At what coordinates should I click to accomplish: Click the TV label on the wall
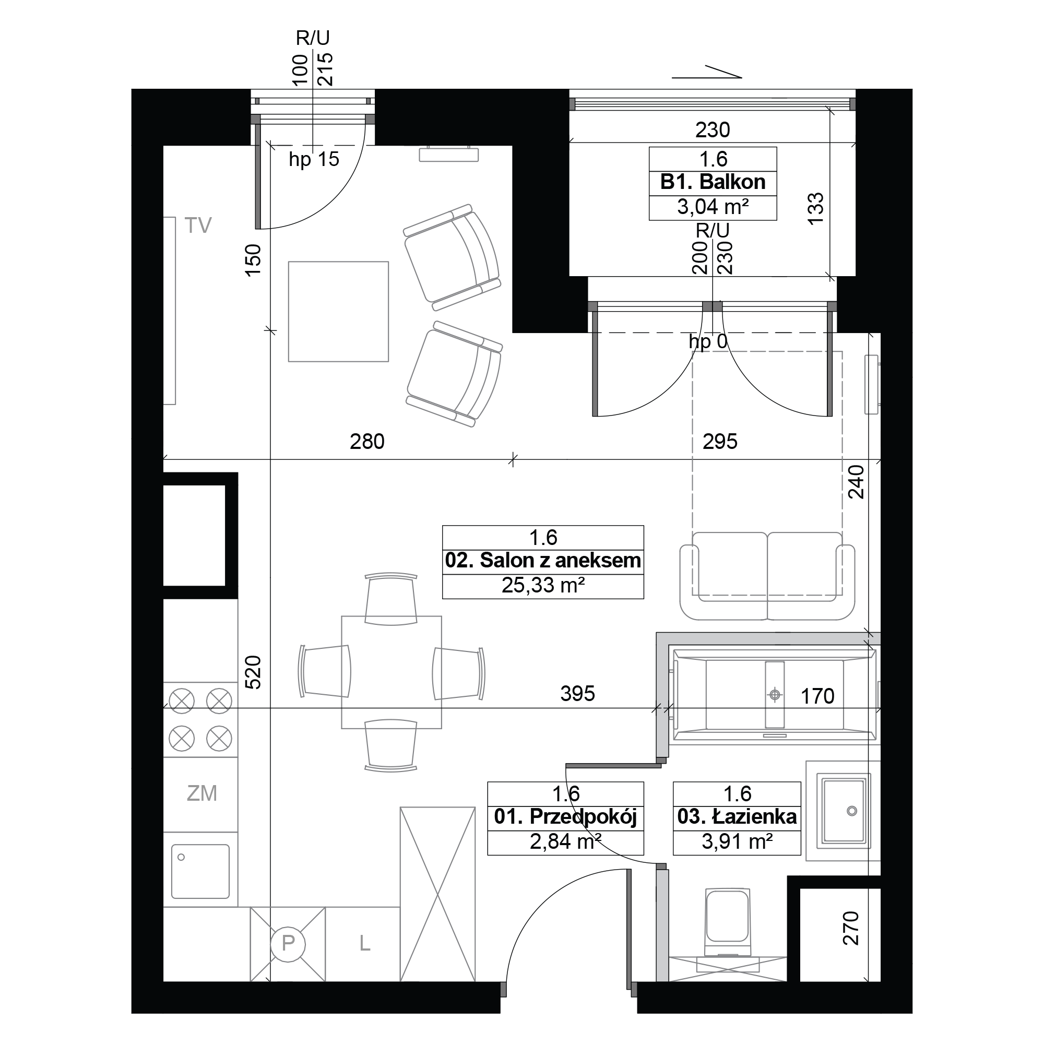(x=198, y=226)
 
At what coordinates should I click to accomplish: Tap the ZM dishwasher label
(x=201, y=793)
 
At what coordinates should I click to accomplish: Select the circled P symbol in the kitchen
(x=288, y=944)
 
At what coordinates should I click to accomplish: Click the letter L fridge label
(x=365, y=943)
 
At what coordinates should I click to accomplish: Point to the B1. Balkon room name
(x=713, y=182)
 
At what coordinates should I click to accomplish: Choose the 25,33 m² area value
(x=543, y=586)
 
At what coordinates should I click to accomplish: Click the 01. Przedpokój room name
(x=565, y=816)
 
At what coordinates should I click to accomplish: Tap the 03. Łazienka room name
(x=737, y=816)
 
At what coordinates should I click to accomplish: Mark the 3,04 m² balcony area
(x=713, y=206)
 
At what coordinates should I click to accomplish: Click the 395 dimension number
(x=578, y=693)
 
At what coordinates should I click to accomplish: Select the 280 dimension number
(x=367, y=442)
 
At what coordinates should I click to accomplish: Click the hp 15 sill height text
(x=314, y=159)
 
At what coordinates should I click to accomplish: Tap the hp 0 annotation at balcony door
(x=708, y=341)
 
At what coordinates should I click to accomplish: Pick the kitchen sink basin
(x=200, y=871)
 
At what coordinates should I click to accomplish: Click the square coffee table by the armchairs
(x=338, y=312)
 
